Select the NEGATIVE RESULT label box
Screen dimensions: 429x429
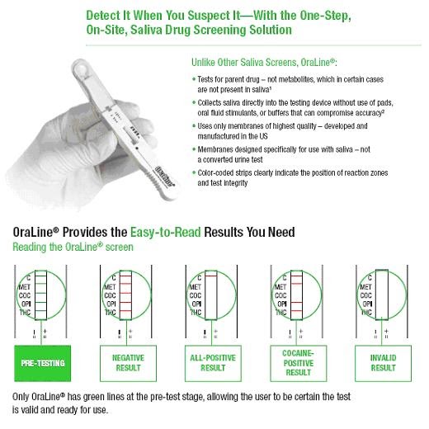[126, 362]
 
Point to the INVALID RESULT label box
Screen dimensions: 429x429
[383, 362]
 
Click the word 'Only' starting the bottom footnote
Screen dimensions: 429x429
[22, 397]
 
